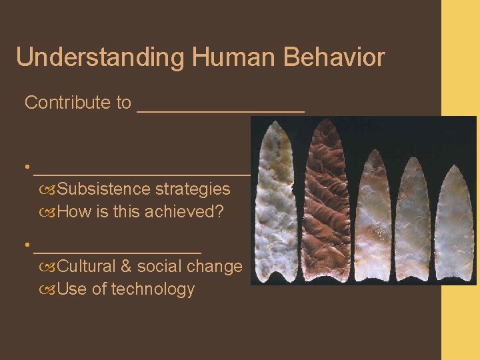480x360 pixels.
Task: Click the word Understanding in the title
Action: point(99,57)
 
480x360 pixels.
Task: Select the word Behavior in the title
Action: point(334,57)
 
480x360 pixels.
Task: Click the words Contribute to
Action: point(77,103)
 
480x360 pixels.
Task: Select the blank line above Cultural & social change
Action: point(117,251)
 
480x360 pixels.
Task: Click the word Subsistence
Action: point(104,189)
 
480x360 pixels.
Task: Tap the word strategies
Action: point(193,189)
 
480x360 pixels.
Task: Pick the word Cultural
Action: point(87,267)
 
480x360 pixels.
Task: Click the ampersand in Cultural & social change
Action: point(126,267)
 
